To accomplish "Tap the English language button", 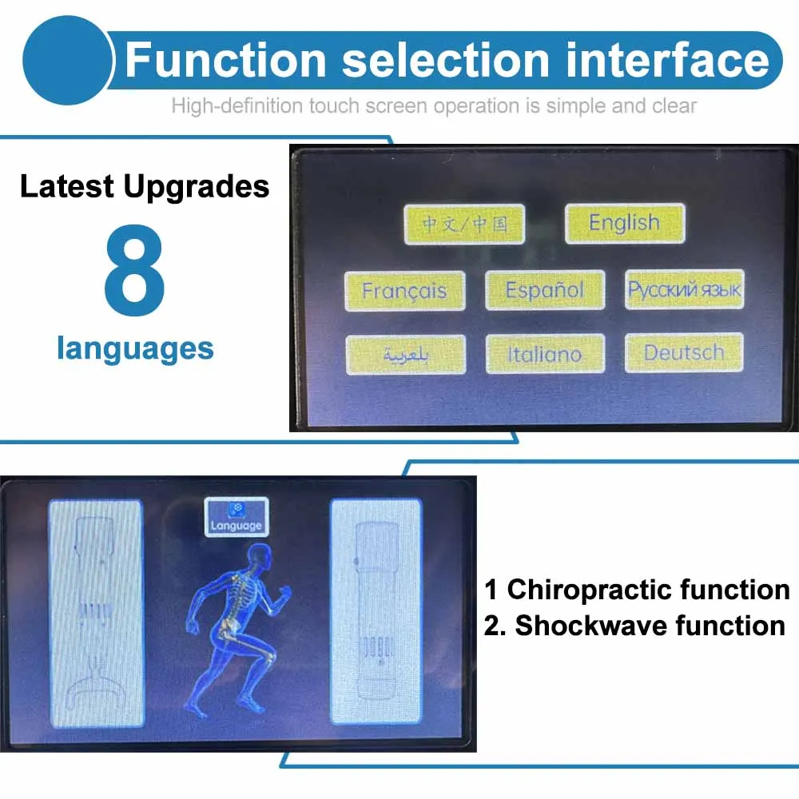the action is pyautogui.click(x=625, y=223).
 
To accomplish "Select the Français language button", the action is pyautogui.click(x=404, y=291).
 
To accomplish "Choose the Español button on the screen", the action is pyautogui.click(x=545, y=290).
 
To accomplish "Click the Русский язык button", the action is pyautogui.click(x=685, y=289).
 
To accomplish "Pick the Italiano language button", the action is pyautogui.click(x=545, y=354).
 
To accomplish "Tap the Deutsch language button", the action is pyautogui.click(x=684, y=352).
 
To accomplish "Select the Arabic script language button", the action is pyautogui.click(x=406, y=355).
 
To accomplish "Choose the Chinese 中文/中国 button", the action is pyautogui.click(x=464, y=225).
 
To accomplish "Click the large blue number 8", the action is pyautogui.click(x=134, y=269).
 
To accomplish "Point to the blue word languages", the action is pyautogui.click(x=136, y=349).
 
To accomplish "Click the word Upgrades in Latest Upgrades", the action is pyautogui.click(x=197, y=186).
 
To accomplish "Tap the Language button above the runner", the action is pyautogui.click(x=237, y=517).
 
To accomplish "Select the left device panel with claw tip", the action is pyautogui.click(x=97, y=613).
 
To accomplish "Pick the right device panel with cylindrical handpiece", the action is pyautogui.click(x=376, y=611).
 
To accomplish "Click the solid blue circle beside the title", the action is pyautogui.click(x=68, y=60).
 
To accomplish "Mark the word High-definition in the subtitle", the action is pyautogui.click(x=237, y=106).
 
